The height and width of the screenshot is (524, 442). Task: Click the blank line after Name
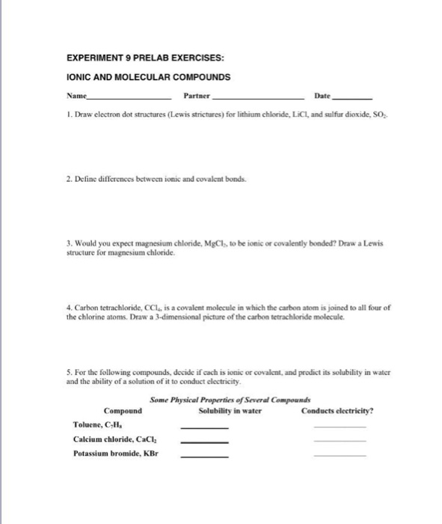129,99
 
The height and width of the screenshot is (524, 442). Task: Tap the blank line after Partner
259,99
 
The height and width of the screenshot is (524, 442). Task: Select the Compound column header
123,411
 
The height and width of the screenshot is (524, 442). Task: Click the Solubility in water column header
230,411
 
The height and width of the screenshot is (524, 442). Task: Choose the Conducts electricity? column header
337,411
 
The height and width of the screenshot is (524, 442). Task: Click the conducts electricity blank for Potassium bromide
340,456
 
